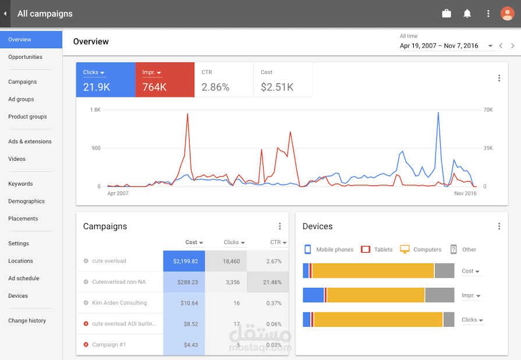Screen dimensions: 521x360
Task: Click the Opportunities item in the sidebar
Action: tap(25, 57)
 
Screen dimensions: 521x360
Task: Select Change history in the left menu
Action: tap(27, 320)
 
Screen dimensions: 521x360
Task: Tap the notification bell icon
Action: tap(467, 13)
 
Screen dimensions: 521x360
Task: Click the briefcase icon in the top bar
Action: tap(446, 13)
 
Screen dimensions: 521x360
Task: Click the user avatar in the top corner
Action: tap(508, 13)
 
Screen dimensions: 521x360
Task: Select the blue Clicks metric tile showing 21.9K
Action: tap(106, 80)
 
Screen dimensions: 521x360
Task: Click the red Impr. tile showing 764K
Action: tap(165, 80)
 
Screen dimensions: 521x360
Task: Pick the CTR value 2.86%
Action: tap(215, 87)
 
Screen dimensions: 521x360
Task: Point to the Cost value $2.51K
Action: tap(277, 87)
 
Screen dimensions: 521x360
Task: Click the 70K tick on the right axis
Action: tap(488, 110)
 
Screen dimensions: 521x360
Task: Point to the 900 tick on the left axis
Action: tap(96, 148)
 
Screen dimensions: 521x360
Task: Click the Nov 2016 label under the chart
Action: tap(465, 193)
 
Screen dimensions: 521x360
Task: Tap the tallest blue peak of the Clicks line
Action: tap(438, 112)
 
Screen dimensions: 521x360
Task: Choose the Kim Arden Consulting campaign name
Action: tap(119, 302)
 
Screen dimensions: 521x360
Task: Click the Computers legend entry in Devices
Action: tap(421, 249)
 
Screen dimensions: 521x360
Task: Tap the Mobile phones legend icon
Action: tap(308, 249)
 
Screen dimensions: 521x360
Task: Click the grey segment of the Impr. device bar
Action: tap(440, 295)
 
